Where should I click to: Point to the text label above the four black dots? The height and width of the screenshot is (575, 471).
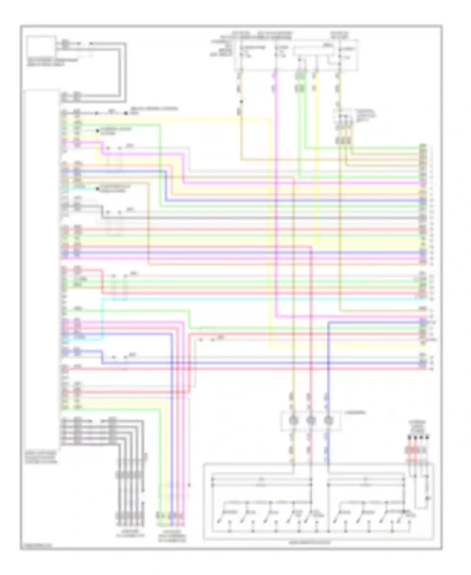click(418, 426)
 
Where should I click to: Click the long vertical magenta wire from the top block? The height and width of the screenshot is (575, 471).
click(275, 195)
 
